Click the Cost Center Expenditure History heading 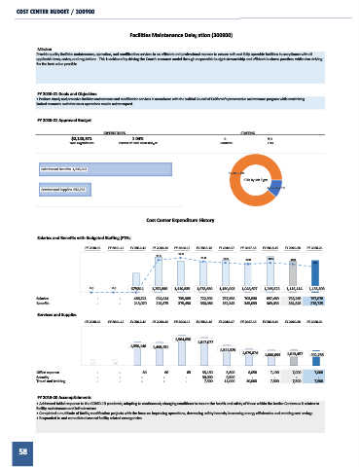pos(180,220)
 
